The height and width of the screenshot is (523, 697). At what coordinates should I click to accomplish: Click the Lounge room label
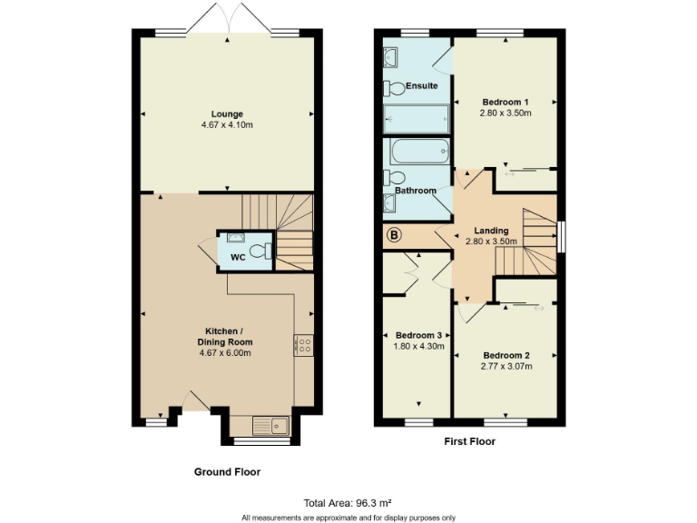[227, 114]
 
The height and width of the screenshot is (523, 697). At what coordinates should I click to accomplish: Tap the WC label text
[238, 257]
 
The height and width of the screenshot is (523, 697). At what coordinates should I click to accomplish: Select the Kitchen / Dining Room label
[227, 336]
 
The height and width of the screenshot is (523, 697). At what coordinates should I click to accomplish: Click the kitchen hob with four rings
[304, 345]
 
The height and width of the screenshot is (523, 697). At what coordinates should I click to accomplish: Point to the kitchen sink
[270, 425]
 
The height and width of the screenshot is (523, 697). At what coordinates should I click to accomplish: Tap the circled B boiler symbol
[394, 236]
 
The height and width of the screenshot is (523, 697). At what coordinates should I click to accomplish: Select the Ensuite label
[422, 86]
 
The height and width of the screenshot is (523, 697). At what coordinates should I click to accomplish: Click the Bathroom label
[415, 191]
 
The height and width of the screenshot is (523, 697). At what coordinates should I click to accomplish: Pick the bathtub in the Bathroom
[419, 151]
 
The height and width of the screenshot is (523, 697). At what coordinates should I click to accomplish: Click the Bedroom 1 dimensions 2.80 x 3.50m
[506, 113]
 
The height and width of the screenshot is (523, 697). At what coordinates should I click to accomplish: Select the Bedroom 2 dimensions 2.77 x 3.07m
[506, 366]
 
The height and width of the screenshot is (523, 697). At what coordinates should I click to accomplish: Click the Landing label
[490, 231]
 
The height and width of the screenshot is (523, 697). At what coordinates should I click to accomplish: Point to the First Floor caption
[470, 442]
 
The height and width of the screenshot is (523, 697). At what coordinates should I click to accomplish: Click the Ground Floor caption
[227, 472]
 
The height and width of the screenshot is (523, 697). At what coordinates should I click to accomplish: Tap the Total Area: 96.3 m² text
[348, 502]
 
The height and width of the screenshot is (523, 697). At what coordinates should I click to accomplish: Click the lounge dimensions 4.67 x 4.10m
[227, 124]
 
